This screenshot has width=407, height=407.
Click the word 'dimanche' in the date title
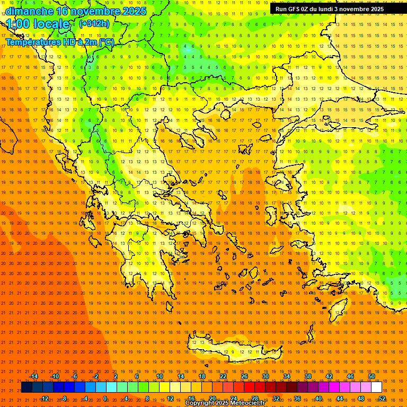[x=29, y=11]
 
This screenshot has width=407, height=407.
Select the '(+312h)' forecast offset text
[x=94, y=24]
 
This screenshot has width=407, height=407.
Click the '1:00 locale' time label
[x=38, y=24]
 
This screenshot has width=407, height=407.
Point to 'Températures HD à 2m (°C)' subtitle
[x=59, y=42]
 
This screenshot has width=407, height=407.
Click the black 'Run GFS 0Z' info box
[x=330, y=9]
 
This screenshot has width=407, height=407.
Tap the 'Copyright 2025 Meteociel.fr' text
[x=225, y=403]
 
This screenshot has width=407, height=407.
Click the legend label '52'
[x=382, y=398]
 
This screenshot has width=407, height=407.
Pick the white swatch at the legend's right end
[x=376, y=387]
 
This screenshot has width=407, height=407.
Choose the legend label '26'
[x=244, y=376]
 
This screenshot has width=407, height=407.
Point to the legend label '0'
[x=104, y=398]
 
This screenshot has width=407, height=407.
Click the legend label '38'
[x=308, y=376]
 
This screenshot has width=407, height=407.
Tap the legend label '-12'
[x=45, y=398]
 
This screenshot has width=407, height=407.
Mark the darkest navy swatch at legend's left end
[x=26, y=387]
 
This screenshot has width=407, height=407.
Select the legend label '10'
[x=160, y=376]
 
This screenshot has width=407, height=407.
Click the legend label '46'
[x=350, y=376]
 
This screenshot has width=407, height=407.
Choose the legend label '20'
[x=212, y=398]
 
